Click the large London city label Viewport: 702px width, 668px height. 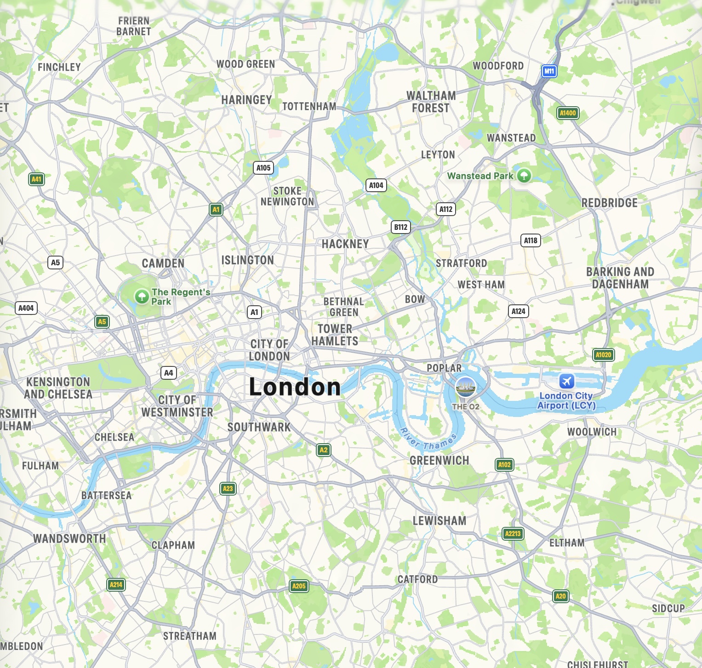[295, 387]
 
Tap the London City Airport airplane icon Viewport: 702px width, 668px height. [566, 381]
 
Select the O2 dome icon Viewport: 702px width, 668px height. [465, 387]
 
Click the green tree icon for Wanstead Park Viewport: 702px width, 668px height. [524, 175]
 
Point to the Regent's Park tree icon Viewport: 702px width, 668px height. [142, 296]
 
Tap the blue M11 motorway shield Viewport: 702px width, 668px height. [549, 71]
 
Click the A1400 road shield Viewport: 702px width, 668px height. [567, 113]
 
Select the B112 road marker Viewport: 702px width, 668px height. [400, 227]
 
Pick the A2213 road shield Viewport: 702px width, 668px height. [513, 534]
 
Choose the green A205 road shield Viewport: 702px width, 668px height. [299, 586]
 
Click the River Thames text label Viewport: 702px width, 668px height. [428, 440]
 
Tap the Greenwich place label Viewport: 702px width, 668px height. [439, 461]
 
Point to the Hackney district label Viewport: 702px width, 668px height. [345, 244]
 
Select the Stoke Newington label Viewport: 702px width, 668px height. [287, 196]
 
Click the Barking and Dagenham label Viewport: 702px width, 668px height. [620, 278]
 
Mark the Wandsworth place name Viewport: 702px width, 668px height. [69, 539]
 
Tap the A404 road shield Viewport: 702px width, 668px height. [26, 308]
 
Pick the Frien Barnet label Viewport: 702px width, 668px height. [134, 26]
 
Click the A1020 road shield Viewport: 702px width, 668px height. [603, 355]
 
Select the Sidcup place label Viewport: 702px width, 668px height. [668, 609]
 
